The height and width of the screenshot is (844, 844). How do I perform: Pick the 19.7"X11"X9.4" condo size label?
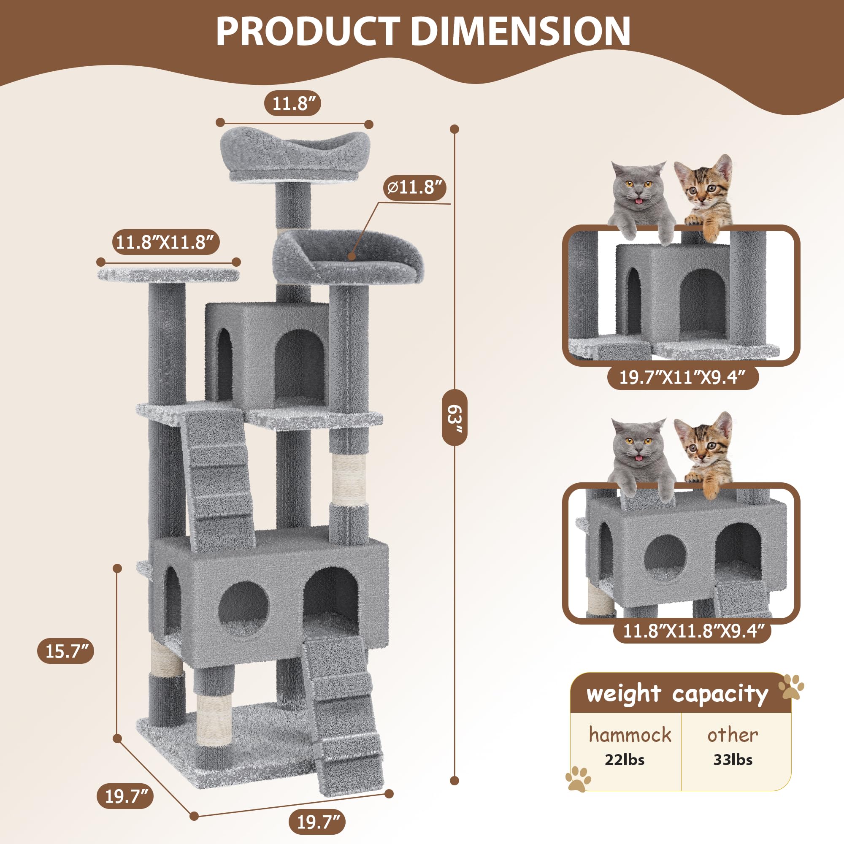[x=682, y=377]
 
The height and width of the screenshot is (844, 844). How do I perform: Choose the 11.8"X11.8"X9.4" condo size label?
[x=691, y=631]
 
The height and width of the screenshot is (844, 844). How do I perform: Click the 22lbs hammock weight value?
[x=624, y=760]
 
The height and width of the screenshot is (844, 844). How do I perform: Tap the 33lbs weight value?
[x=733, y=760]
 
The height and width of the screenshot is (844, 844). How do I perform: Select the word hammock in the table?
[x=630, y=735]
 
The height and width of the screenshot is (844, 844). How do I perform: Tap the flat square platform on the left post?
[x=169, y=275]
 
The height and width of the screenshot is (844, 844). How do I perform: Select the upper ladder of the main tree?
[x=217, y=481]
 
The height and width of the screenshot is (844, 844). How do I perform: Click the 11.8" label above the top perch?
[x=293, y=103]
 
